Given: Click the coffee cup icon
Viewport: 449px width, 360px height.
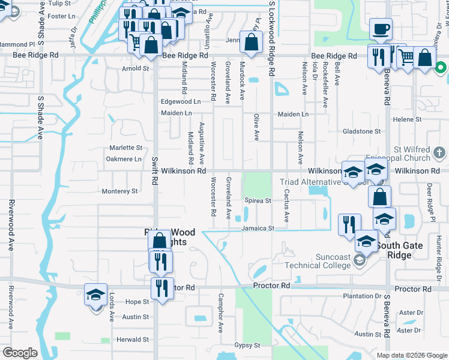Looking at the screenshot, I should [x=381, y=29].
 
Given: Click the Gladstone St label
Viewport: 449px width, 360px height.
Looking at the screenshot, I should [x=361, y=131].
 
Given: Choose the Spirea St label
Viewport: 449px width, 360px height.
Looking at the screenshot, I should [x=258, y=200].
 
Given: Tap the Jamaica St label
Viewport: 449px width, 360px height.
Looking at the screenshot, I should [x=258, y=228].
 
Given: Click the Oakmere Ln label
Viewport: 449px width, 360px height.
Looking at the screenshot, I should [x=124, y=159].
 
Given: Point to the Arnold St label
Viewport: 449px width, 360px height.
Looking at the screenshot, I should [x=136, y=68].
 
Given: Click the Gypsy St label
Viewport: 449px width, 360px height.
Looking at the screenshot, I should [x=247, y=345].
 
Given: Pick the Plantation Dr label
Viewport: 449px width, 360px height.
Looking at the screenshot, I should [x=362, y=296].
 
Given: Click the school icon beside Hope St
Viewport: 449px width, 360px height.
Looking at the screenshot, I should [x=96, y=295].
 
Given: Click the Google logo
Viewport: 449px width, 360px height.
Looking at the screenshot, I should [x=20, y=353].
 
